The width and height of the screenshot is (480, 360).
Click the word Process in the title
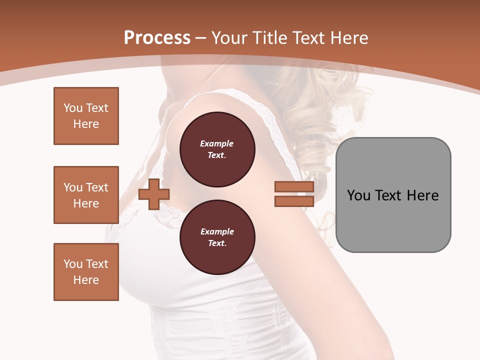pos(157,38)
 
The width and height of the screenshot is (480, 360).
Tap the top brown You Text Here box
pos(86,116)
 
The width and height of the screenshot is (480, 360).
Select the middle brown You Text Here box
pos(86,195)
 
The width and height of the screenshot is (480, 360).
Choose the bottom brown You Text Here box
pos(86,272)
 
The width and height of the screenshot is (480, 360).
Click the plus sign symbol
pos(153,194)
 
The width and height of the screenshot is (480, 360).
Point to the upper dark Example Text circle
pos(217,149)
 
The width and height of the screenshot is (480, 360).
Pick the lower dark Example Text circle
pos(217,237)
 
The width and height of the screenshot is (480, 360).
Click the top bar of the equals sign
pos(294,187)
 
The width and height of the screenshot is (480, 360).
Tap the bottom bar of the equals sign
pos(294,201)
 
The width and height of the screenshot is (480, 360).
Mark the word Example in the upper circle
pos(217,144)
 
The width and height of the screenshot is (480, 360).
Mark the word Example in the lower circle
pos(217,232)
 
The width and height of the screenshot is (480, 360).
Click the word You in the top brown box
pos(73,108)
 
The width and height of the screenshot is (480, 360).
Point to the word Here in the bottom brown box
pos(86,280)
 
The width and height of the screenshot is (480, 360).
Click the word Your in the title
pos(230,38)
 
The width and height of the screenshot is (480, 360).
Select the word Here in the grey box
pos(422,195)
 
